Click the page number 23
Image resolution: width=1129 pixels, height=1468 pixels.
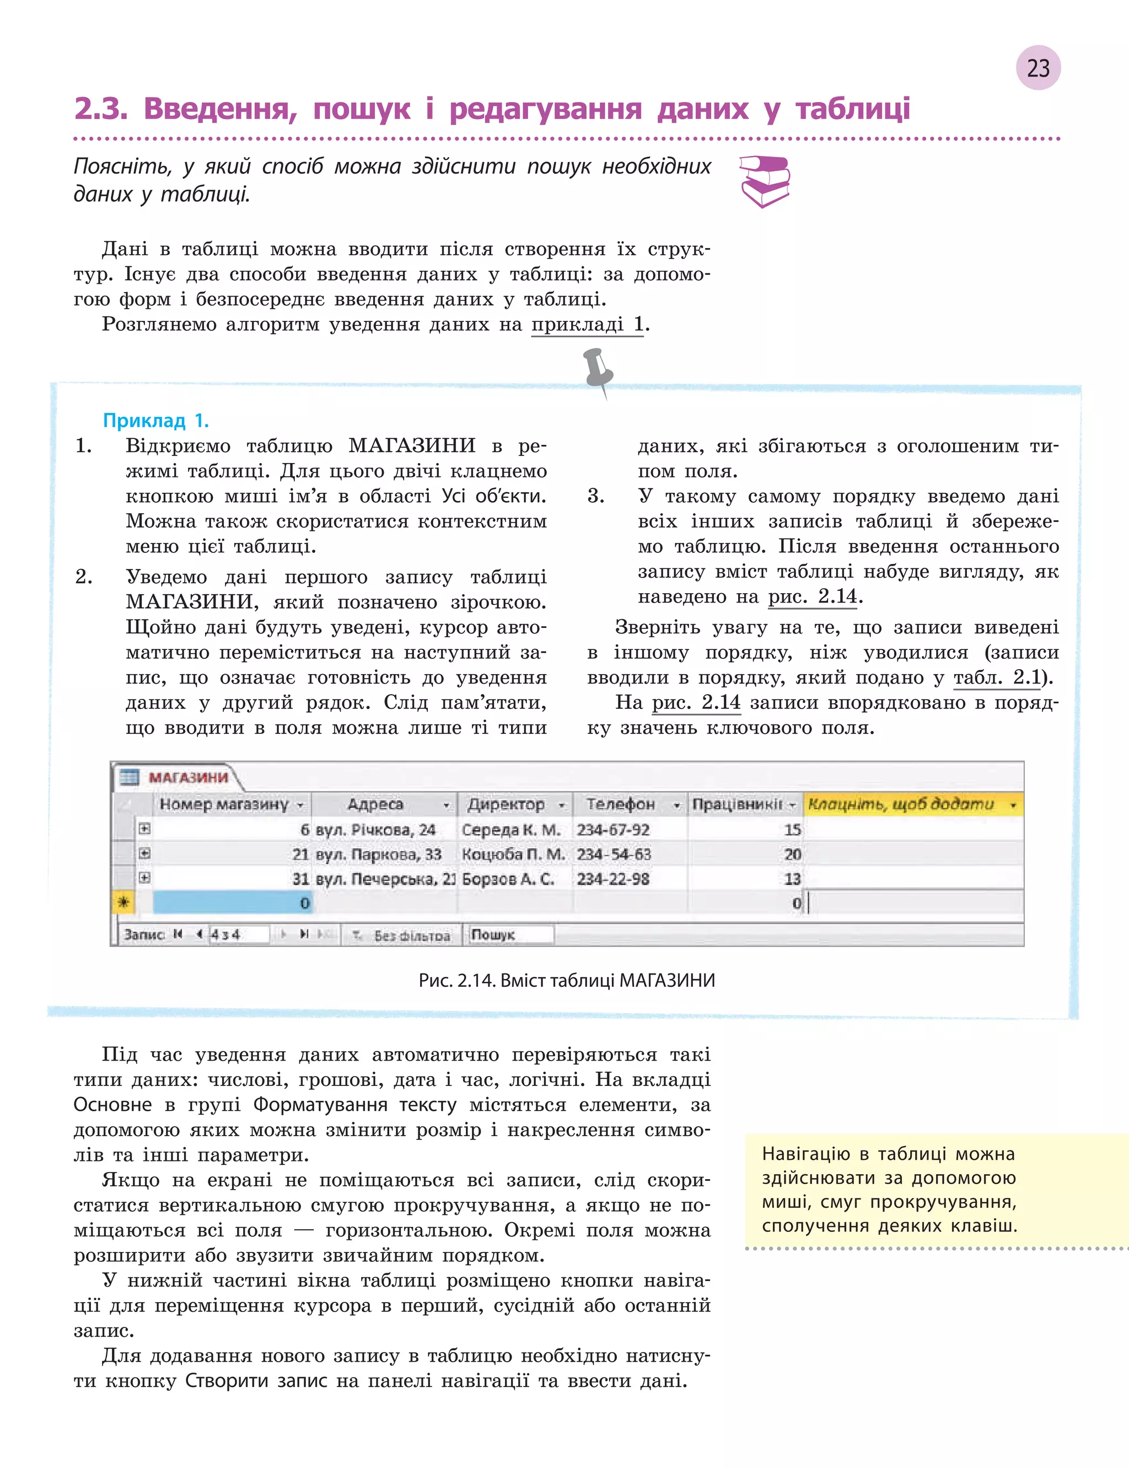[1037, 68]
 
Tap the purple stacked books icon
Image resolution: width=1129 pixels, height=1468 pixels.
[764, 181]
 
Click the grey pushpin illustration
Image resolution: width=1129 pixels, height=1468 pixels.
[598, 372]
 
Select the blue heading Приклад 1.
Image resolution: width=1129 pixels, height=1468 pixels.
[156, 421]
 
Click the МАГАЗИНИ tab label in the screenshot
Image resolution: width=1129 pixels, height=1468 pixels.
[188, 777]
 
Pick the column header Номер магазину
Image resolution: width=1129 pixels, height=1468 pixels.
[224, 804]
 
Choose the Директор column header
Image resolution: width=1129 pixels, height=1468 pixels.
[506, 804]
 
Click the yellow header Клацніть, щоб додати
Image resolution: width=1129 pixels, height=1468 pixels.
[901, 804]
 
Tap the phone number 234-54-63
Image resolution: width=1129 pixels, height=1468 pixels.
[614, 854]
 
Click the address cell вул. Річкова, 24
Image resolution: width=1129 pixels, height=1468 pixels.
[375, 830]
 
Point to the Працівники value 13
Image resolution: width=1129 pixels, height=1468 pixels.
[792, 879]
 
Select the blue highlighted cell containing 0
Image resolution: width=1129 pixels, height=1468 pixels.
[233, 903]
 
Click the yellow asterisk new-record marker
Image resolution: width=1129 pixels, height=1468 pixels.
[123, 902]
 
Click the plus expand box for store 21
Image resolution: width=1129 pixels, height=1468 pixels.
[144, 853]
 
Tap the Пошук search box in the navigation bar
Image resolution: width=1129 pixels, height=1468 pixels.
[509, 934]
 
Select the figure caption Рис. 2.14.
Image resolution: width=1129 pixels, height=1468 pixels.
[567, 980]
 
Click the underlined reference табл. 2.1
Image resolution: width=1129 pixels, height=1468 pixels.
[997, 677]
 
